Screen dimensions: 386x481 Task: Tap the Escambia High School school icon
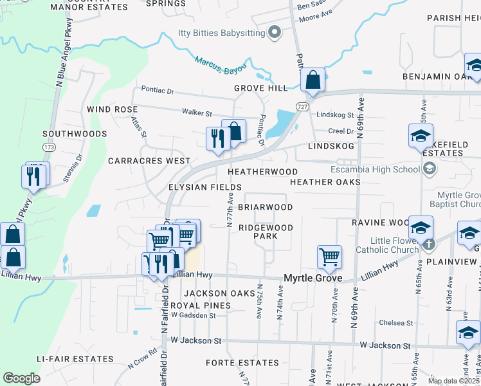(430, 169)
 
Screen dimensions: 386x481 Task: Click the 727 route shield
(302, 105)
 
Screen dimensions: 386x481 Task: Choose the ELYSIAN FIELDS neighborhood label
(204, 187)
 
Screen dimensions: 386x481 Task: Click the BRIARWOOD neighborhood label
(265, 207)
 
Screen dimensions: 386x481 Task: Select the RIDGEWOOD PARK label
(266, 232)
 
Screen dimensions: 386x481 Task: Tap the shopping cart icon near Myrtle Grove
(329, 257)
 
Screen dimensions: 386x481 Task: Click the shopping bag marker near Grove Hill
(313, 80)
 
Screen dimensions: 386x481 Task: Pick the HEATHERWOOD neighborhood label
(262, 172)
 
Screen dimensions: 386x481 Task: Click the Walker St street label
(197, 113)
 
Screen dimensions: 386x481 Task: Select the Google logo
(21, 378)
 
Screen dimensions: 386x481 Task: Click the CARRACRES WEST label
(149, 160)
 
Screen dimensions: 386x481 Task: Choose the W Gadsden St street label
(189, 316)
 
